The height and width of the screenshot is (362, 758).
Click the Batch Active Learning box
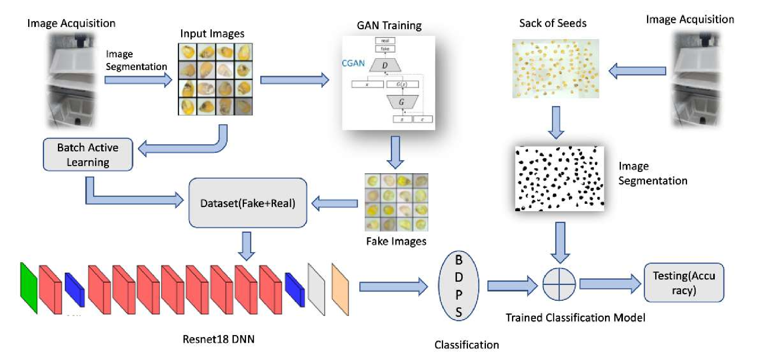pyautogui.click(x=88, y=155)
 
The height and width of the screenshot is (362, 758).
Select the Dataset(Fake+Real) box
pyautogui.click(x=248, y=203)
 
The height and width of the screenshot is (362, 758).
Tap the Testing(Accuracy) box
pyautogui.click(x=684, y=283)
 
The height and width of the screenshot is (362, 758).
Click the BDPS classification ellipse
pyautogui.click(x=459, y=286)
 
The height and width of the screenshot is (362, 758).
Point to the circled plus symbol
pyautogui.click(x=559, y=284)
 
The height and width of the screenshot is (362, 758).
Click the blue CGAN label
pyautogui.click(x=353, y=63)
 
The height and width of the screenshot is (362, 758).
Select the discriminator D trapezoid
pyautogui.click(x=385, y=65)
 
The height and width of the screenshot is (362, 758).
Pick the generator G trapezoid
pyautogui.click(x=402, y=102)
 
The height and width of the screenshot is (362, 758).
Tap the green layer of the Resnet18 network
pyautogui.click(x=29, y=288)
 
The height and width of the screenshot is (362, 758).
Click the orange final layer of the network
pyautogui.click(x=340, y=289)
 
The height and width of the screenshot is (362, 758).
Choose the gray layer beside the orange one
pyautogui.click(x=316, y=289)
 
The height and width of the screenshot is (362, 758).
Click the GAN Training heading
pyautogui.click(x=389, y=25)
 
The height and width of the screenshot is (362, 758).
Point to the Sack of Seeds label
pyautogui.click(x=552, y=23)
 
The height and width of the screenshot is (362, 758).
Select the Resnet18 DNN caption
pyautogui.click(x=218, y=339)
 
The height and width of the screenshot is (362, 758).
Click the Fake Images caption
pyautogui.click(x=396, y=241)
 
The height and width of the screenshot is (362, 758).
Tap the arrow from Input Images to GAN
pyautogui.click(x=294, y=80)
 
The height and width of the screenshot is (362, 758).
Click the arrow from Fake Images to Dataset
pyautogui.click(x=335, y=203)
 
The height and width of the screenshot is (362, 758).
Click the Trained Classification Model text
pyautogui.click(x=575, y=318)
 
